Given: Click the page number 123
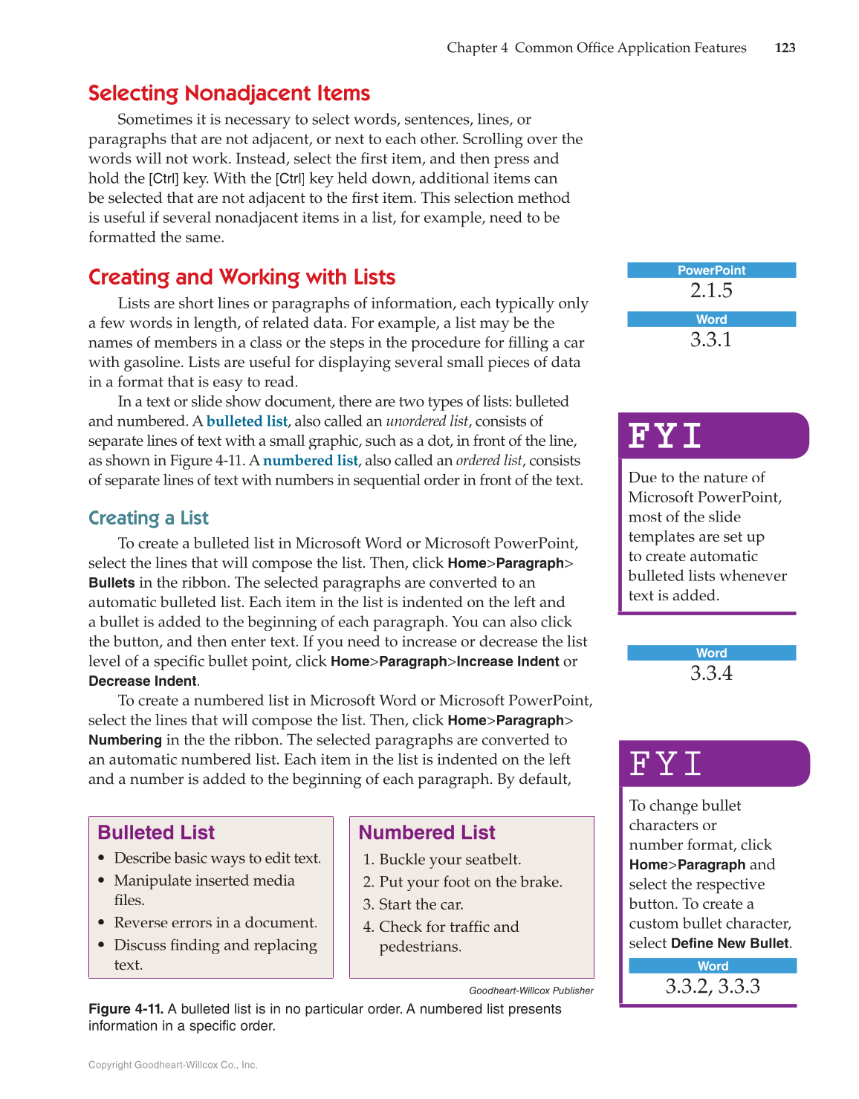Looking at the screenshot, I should pos(785,48).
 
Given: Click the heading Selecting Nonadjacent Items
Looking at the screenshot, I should pos(229,94).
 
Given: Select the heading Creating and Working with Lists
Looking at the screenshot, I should pos(242,277).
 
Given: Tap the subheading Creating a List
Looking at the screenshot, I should pos(149,518).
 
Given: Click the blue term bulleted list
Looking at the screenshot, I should pos(247,421).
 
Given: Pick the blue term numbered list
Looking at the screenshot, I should pos(310,461).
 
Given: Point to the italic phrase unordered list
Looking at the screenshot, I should pos(427,421).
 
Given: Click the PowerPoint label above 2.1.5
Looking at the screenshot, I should pos(711,270).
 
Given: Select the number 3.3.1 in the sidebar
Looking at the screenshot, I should pos(711,340).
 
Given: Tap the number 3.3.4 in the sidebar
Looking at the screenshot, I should pos(711,673).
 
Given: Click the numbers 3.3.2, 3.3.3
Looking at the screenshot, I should pos(712,987).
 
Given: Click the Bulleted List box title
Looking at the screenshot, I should pos(156,832).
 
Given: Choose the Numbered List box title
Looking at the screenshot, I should pos(427,832).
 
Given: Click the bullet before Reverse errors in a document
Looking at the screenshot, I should pos(101,923).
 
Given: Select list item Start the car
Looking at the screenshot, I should pos(421,904).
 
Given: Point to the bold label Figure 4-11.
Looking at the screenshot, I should pos(126,1009).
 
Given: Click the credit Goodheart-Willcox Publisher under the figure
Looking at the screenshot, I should pos(531,991).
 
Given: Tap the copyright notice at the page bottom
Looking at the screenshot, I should pos(173,1065).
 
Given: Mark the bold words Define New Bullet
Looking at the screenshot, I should pos(729,944).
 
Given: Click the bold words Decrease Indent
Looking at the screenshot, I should pos(143,681).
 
